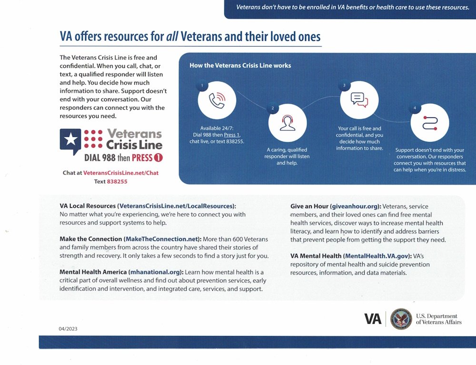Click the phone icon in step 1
[x=217, y=100]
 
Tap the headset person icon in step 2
[x=287, y=123]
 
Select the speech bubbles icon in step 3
[x=359, y=100]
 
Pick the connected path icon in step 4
[x=429, y=122]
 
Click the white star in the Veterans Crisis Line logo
[x=70, y=139]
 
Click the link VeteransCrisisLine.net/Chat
[x=121, y=173]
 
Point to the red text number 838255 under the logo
[x=117, y=182]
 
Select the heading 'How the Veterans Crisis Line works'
[x=240, y=65]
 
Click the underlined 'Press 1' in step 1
[x=232, y=134]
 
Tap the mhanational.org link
[x=155, y=272]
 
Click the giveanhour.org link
[x=355, y=207]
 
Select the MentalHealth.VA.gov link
[x=377, y=256]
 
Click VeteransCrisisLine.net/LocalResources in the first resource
[x=176, y=206]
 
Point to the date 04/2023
[x=68, y=329]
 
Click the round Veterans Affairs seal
[x=401, y=319]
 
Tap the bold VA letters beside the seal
[x=373, y=319]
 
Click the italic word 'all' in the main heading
[x=172, y=37]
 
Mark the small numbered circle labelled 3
[x=344, y=86]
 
